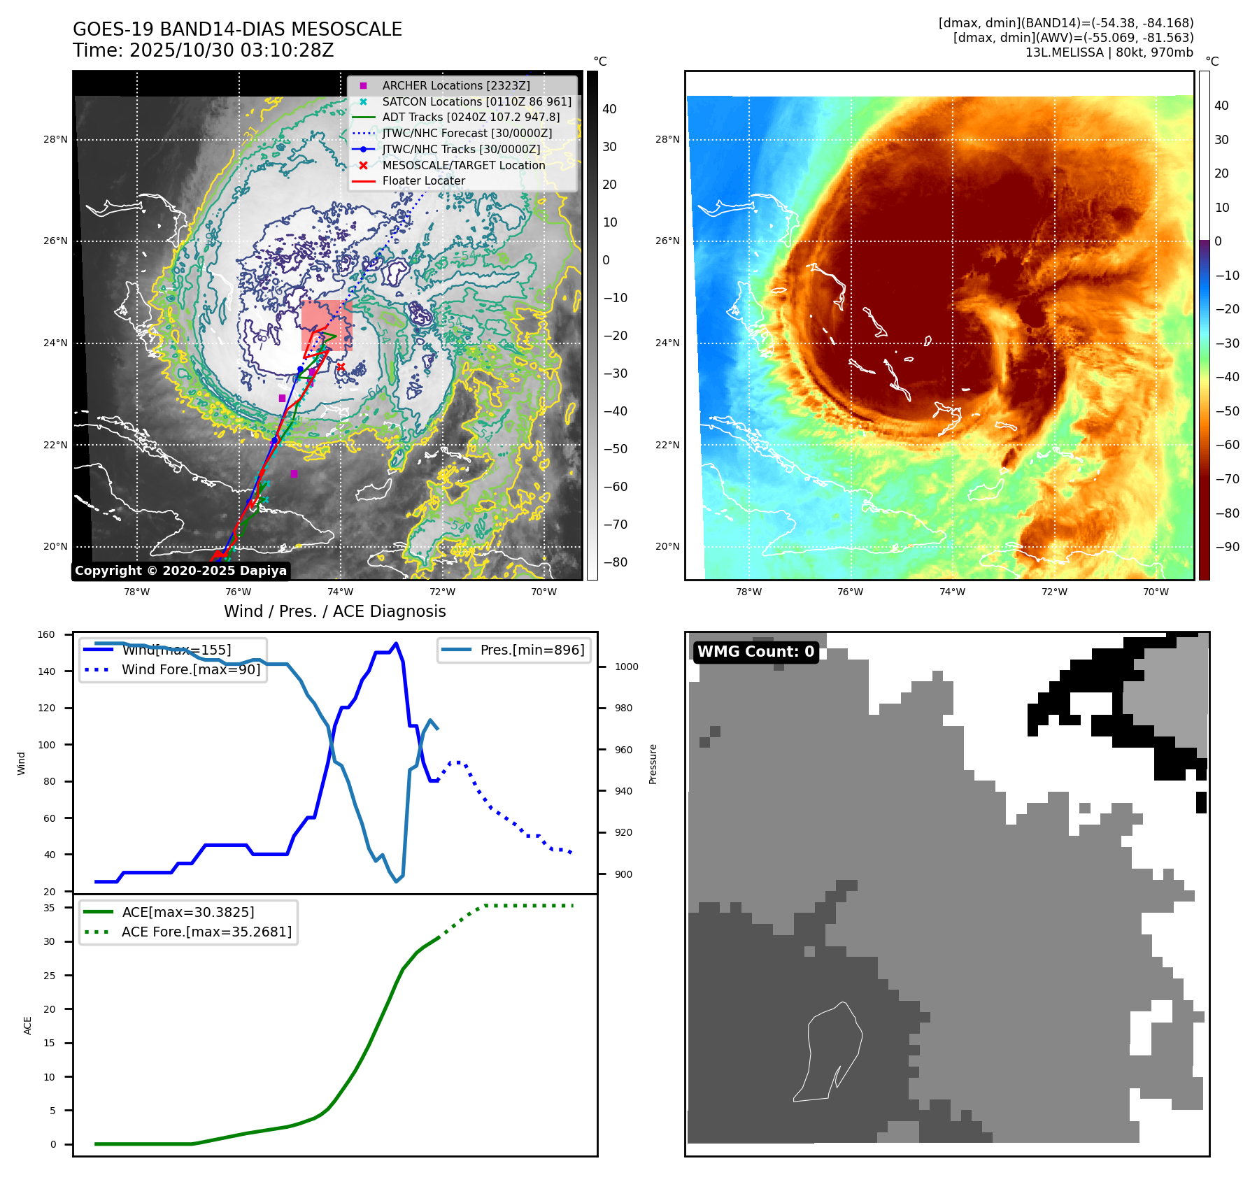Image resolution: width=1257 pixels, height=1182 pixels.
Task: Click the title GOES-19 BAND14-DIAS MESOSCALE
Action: click(x=237, y=29)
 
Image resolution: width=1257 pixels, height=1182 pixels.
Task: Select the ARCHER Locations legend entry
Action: click(x=455, y=85)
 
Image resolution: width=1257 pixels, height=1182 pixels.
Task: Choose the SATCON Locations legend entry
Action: click(x=476, y=101)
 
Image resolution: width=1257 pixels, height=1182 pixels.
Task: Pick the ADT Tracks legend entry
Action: click(x=471, y=117)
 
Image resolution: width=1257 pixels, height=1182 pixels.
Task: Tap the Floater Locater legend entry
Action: click(x=423, y=180)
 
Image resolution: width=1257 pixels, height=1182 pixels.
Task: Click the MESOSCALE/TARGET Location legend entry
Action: click(x=463, y=165)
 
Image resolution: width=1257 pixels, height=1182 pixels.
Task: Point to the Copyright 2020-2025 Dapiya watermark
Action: click(x=180, y=571)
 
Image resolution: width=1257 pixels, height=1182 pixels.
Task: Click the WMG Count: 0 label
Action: click(x=755, y=652)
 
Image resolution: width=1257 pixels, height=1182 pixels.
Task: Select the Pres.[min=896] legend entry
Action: click(x=532, y=650)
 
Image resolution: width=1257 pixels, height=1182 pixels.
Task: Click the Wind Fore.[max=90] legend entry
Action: click(x=190, y=669)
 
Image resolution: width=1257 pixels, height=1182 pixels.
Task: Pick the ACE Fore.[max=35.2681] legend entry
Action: click(x=206, y=932)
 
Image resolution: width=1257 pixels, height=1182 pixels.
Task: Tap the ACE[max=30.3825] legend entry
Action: click(x=187, y=912)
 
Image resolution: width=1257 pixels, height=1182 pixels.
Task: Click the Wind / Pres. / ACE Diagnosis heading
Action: click(x=334, y=611)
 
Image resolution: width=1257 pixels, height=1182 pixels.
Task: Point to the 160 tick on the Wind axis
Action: click(x=46, y=635)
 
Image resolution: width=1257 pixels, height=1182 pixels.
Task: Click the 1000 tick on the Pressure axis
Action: click(x=626, y=667)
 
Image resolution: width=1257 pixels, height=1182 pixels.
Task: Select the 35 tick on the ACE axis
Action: click(x=49, y=908)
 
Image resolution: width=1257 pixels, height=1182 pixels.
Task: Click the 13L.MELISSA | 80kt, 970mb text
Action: click(x=1109, y=52)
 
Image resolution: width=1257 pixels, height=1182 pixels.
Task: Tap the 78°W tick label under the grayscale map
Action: click(x=136, y=592)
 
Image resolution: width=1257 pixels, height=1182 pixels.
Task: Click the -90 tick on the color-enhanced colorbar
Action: click(x=1227, y=547)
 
